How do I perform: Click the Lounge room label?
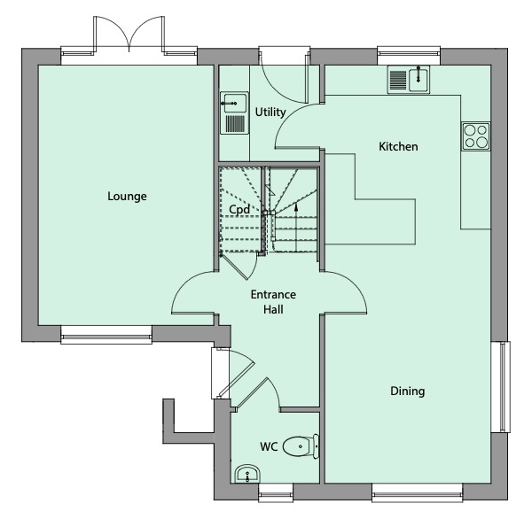click(x=127, y=196)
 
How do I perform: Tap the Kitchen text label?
click(x=398, y=146)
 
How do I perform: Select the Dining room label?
click(x=407, y=391)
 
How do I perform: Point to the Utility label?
click(x=270, y=112)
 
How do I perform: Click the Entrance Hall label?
click(x=273, y=301)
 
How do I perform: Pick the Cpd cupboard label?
click(x=239, y=210)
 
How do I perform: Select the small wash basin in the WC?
click(x=246, y=474)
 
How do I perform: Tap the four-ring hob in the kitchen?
click(x=475, y=136)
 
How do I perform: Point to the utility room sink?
click(x=234, y=112)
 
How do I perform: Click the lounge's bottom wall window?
click(x=106, y=334)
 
